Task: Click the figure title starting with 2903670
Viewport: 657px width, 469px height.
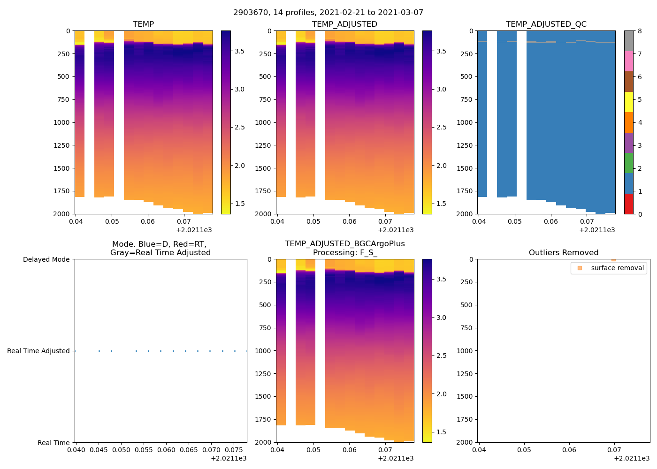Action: click(x=328, y=13)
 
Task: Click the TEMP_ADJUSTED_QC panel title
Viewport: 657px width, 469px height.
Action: click(x=546, y=24)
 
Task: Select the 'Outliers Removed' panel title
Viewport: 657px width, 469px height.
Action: click(x=563, y=253)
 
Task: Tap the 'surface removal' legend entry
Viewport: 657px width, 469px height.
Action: click(x=617, y=268)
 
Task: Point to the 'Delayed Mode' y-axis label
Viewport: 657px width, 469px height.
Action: click(x=46, y=260)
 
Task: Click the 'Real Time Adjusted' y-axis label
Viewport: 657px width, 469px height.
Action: click(x=38, y=351)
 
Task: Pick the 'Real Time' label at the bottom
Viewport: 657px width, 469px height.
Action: click(x=53, y=443)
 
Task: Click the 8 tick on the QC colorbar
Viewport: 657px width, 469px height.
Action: click(x=640, y=31)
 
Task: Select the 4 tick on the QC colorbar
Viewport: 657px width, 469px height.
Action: click(x=640, y=123)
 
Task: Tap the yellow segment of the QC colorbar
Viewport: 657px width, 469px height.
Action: click(x=629, y=102)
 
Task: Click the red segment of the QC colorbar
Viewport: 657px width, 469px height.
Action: click(x=629, y=204)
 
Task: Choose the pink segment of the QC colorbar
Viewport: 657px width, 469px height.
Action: click(x=629, y=61)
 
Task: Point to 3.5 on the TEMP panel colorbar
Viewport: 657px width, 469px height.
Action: click(x=239, y=51)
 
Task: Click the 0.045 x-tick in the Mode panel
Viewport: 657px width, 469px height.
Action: click(x=99, y=450)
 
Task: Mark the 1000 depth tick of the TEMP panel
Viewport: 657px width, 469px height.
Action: click(x=61, y=123)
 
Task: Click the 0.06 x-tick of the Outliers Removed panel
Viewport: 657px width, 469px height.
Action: click(x=569, y=450)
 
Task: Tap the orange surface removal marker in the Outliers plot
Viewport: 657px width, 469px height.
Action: click(x=613, y=260)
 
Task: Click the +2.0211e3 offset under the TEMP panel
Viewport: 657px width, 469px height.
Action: click(x=194, y=230)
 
